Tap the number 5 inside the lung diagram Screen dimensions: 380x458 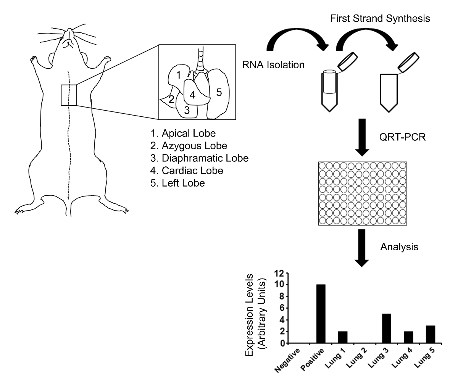[x=219, y=93]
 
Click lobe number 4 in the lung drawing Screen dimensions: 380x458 [x=193, y=95]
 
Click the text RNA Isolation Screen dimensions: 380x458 [x=273, y=65]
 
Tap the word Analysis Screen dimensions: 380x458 [x=399, y=247]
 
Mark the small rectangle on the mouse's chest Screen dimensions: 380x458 [x=69, y=95]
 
